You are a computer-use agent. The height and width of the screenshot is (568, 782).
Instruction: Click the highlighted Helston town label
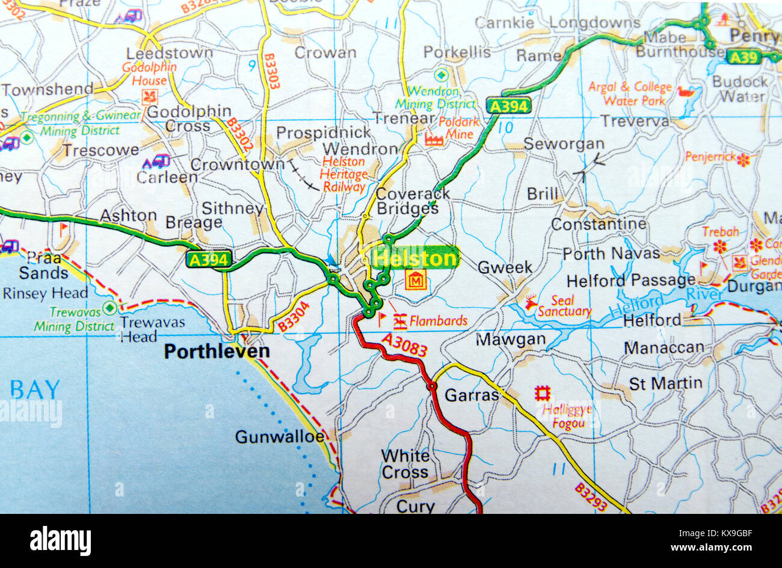(x=415, y=258)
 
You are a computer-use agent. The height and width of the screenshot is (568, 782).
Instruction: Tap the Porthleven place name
(x=217, y=351)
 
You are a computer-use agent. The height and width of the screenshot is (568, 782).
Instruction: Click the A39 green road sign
(x=744, y=57)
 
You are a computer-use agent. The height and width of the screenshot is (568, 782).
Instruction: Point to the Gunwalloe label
(x=280, y=436)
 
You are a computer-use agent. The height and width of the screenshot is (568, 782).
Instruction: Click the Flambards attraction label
(x=438, y=321)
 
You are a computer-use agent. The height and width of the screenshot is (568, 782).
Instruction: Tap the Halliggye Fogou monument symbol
(x=543, y=394)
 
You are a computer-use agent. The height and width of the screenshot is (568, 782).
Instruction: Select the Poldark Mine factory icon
(x=433, y=139)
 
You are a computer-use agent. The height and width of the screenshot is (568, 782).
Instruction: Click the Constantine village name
(x=599, y=224)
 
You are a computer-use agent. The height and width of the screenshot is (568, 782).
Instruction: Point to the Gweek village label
(x=505, y=267)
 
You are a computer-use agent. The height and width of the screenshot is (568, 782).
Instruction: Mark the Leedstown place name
(x=170, y=53)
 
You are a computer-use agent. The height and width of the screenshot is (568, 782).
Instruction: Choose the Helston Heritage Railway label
(x=343, y=174)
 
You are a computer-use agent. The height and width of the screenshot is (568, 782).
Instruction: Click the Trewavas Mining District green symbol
(x=109, y=308)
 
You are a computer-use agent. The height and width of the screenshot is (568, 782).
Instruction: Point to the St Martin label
(x=665, y=383)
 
